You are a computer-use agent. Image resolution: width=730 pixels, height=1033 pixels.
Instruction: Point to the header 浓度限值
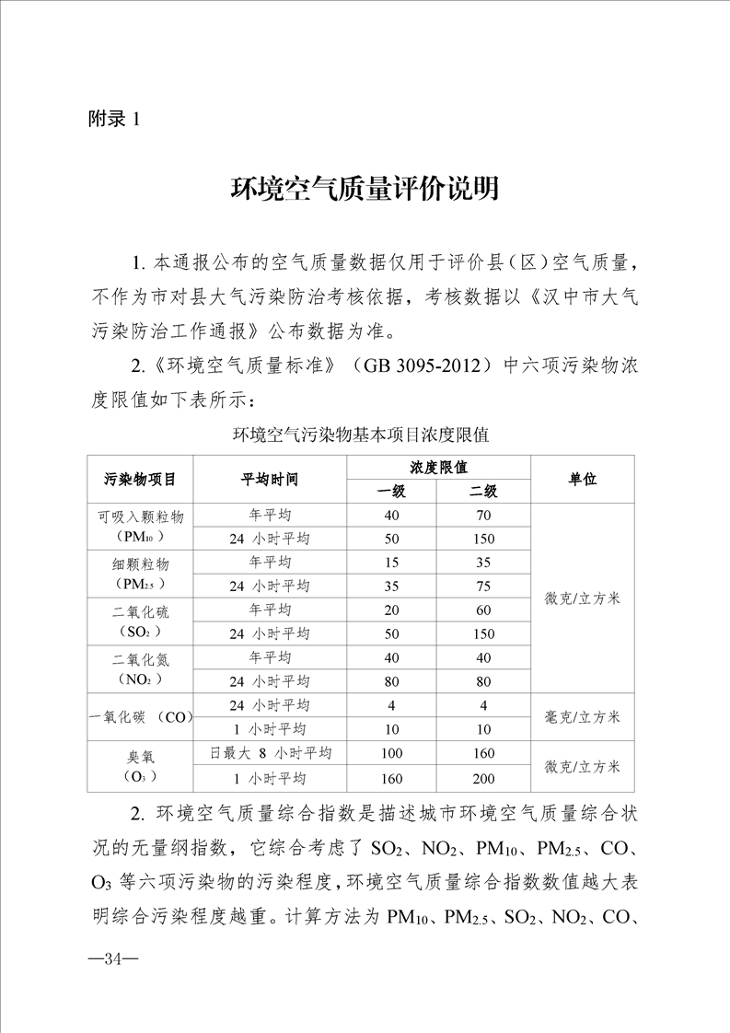coord(438,467)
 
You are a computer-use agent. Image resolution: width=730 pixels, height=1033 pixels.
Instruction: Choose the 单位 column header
coord(582,480)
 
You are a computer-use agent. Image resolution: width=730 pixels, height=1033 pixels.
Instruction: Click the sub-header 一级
coord(392,492)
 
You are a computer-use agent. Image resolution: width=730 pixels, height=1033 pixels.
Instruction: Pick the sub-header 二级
coord(483,492)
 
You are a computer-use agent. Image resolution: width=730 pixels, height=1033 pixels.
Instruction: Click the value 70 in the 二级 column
coord(483,515)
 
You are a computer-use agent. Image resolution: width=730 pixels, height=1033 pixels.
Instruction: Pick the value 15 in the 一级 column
coord(392,563)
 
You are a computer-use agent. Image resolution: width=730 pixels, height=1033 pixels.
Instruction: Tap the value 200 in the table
coord(483,778)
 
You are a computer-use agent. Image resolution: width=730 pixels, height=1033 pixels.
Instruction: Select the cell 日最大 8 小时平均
coord(270,753)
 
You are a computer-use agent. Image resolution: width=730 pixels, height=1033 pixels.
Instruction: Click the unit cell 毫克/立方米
coord(582,717)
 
